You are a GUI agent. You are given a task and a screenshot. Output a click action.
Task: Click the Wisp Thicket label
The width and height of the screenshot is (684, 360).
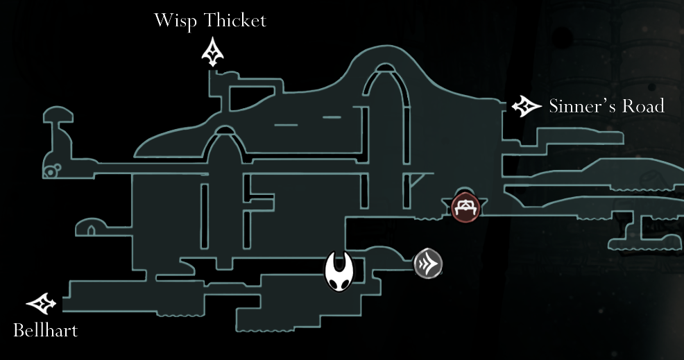coord(210,20)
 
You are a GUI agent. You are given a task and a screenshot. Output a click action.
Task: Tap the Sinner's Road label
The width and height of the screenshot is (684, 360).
coord(606,106)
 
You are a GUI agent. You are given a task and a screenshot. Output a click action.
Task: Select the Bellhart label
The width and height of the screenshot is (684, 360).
coord(46,330)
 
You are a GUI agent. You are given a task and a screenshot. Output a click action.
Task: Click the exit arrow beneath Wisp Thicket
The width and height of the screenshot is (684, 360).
coord(212,53)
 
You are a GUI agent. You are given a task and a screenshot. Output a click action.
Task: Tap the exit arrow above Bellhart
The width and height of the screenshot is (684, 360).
coord(41,303)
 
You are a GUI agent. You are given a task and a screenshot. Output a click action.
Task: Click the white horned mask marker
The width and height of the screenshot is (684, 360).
coord(340,272)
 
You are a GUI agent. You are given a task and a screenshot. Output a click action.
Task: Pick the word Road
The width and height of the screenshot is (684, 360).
coord(643,106)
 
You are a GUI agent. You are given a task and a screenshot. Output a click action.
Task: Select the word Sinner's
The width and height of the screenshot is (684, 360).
coord(577,106)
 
